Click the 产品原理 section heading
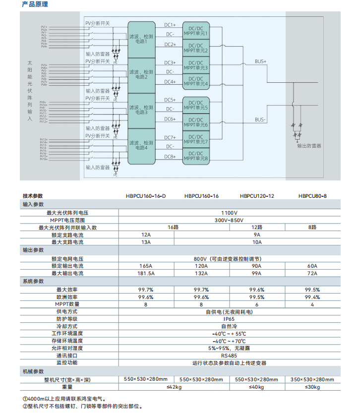click(x=35, y=4)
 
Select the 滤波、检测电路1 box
click(x=141, y=39)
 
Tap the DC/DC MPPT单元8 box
click(x=196, y=156)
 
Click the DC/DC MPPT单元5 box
click(x=196, y=105)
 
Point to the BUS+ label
click(x=260, y=61)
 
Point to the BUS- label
click(x=260, y=119)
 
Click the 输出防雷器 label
click(x=309, y=146)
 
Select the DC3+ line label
click(x=170, y=62)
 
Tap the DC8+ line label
click(x=170, y=157)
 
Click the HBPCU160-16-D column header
click(x=146, y=196)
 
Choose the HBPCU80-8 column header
click(x=312, y=196)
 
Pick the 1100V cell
click(x=229, y=212)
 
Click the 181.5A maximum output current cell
click(x=146, y=273)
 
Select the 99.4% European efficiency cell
click(x=312, y=296)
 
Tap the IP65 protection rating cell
click(x=229, y=319)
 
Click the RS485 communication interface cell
click(x=229, y=356)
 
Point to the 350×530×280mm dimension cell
click(x=312, y=379)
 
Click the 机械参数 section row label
click(x=33, y=371)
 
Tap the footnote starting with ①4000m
click(x=64, y=398)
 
